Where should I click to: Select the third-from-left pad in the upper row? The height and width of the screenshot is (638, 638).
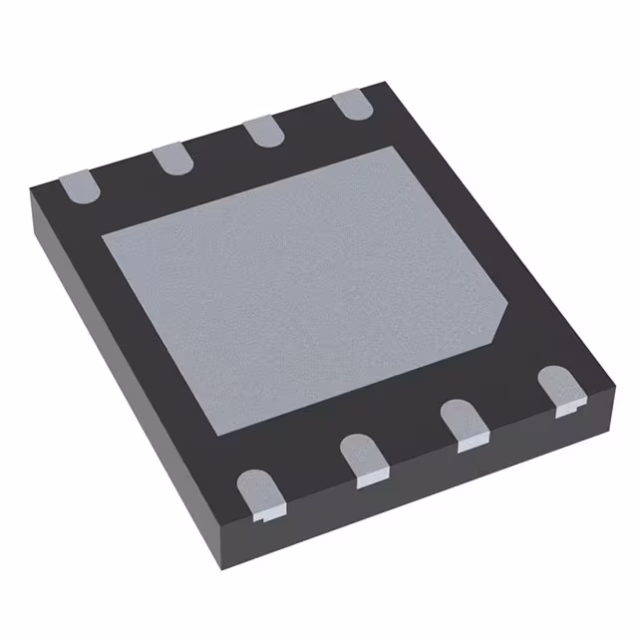pos(260,131)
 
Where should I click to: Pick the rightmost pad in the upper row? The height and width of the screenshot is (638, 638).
pos(349,105)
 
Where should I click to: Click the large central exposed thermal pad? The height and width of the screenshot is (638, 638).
pos(299,284)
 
